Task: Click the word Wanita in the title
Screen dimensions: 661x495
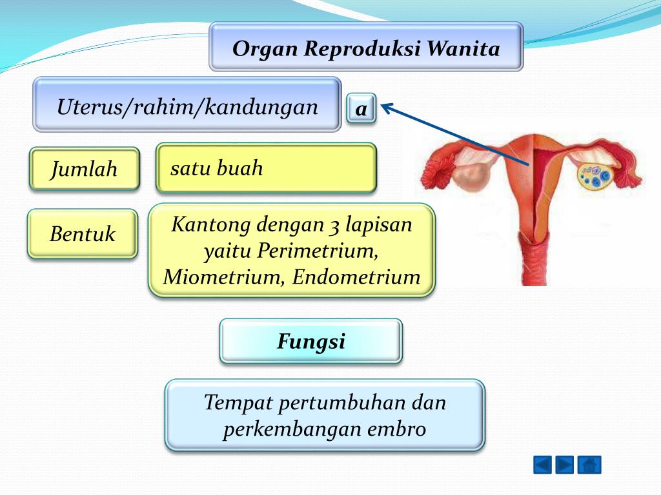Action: point(463,48)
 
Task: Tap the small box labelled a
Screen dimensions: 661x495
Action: point(361,108)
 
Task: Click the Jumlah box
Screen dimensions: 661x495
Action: point(85,169)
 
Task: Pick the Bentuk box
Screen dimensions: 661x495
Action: point(83,233)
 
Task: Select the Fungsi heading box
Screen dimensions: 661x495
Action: point(311,341)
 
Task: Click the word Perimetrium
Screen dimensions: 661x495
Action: point(318,251)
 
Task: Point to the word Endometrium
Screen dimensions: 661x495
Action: point(356,277)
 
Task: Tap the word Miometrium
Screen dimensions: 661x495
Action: point(223,278)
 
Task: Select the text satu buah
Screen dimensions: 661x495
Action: point(217,168)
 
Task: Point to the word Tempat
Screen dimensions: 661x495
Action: point(238,403)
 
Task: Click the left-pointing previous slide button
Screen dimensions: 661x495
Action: point(542,465)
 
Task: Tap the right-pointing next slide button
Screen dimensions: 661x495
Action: point(564,465)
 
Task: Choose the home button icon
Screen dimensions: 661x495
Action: point(589,465)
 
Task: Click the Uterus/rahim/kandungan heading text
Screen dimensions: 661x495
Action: point(188,107)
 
